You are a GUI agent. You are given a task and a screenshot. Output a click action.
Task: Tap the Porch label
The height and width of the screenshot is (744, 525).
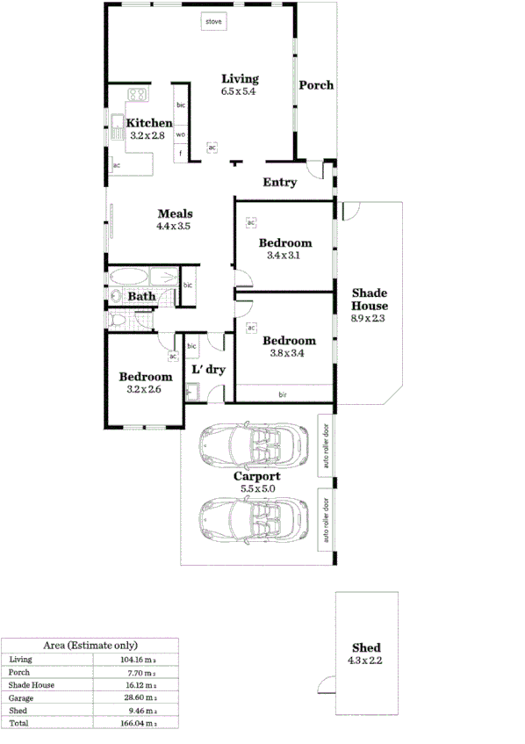click(x=315, y=85)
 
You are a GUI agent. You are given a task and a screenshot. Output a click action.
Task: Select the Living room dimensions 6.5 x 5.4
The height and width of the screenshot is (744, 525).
click(x=239, y=91)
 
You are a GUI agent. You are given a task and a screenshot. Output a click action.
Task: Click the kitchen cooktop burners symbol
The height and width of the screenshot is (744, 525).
click(x=138, y=94)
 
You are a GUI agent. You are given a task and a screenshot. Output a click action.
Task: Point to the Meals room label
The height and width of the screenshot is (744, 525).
click(x=175, y=213)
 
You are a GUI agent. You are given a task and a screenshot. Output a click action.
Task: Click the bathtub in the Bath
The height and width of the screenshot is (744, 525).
click(x=129, y=278)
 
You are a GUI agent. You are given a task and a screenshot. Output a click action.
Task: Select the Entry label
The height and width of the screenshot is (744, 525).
click(x=280, y=183)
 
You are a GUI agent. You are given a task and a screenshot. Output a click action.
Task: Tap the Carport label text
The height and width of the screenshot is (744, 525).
click(x=256, y=477)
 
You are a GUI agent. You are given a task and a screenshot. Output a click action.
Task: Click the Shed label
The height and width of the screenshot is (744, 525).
click(x=365, y=648)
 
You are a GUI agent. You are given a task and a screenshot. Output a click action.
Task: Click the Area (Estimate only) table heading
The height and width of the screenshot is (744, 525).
click(x=90, y=645)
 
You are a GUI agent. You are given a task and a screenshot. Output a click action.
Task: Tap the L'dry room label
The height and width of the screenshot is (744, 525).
click(x=209, y=370)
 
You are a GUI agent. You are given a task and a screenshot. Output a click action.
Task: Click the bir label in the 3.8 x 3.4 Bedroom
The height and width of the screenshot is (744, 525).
click(x=283, y=394)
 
